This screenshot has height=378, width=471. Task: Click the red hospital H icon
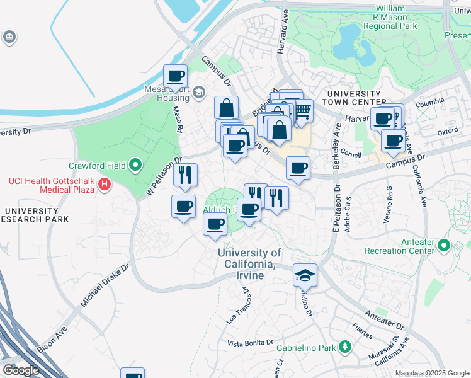tap(105, 184)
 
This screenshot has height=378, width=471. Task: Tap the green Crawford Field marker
tap(135, 166)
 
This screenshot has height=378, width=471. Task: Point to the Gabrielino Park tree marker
tap(344, 346)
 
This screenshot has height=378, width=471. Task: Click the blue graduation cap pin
tap(305, 276)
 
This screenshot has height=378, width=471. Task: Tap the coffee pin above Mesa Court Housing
tap(176, 77)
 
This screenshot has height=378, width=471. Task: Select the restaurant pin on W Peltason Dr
tap(185, 175)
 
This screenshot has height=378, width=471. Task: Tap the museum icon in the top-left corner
tap(9, 38)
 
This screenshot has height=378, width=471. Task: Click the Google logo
tap(21, 370)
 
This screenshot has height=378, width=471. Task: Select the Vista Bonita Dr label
tap(250, 343)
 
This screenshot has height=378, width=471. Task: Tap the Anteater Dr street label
tap(383, 321)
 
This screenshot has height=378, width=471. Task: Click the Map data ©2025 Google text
tap(432, 373)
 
